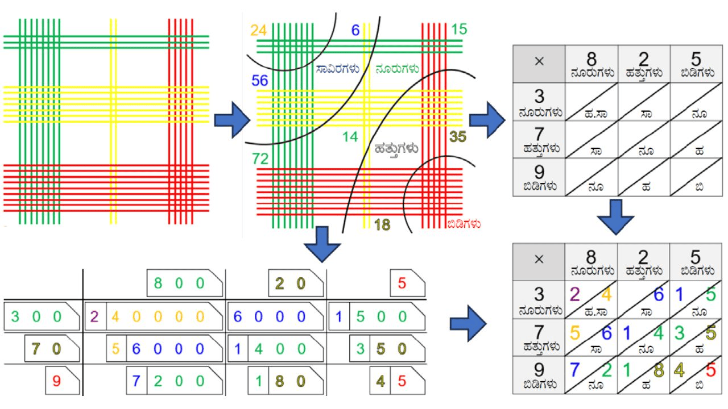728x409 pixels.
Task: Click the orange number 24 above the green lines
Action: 258,31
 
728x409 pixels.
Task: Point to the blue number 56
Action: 260,81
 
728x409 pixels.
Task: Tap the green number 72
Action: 260,159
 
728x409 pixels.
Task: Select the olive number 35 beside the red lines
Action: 458,137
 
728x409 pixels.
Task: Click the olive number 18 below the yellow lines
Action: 382,224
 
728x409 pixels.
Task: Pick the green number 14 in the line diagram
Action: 350,137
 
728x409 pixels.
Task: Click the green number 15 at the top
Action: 459,30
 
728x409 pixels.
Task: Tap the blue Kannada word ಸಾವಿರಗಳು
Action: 338,69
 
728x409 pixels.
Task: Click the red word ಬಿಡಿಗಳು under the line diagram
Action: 464,224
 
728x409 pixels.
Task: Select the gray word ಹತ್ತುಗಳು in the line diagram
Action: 396,149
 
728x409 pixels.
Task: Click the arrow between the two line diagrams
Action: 232,120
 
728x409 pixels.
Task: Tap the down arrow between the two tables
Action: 615,217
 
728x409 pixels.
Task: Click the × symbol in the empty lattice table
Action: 539,61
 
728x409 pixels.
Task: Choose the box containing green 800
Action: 185,283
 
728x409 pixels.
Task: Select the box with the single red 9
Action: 63,381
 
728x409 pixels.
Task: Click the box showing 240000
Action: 154,316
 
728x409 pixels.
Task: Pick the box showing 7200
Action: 175,381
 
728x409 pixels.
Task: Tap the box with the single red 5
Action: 408,283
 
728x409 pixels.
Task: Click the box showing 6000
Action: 276,316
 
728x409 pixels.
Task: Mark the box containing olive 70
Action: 52,348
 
